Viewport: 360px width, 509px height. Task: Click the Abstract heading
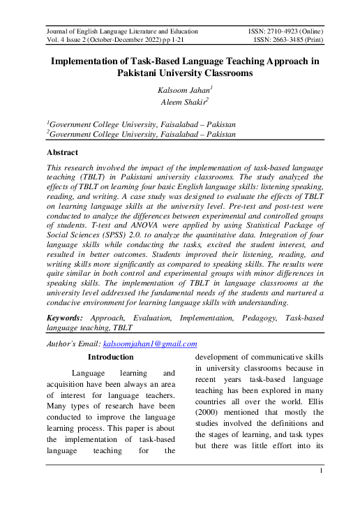[62, 152]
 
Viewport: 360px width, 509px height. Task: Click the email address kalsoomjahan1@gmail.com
[149, 344]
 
